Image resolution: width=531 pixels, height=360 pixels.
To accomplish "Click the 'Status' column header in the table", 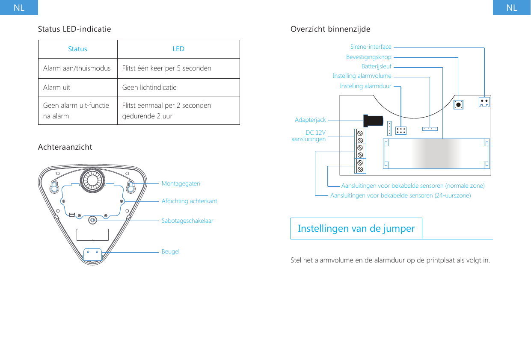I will tap(77, 49).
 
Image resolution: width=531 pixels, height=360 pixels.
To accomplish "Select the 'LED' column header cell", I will tap(178, 49).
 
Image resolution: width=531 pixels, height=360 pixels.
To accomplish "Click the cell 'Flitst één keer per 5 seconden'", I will tap(166, 68).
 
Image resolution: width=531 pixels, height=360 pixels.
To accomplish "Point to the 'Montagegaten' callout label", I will tap(181, 183).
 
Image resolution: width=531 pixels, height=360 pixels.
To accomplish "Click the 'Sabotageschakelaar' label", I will tap(187, 221).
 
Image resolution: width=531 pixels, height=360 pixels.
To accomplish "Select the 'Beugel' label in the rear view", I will tap(170, 252).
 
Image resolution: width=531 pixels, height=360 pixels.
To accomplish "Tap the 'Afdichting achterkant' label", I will tap(189, 201).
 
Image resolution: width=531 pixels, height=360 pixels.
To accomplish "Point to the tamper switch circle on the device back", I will tap(92, 220).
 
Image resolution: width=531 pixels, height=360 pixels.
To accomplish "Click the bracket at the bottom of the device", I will tap(92, 255).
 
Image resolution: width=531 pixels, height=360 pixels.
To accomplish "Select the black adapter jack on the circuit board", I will tap(373, 121).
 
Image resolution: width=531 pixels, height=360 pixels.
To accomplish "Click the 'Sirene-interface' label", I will tap(371, 47).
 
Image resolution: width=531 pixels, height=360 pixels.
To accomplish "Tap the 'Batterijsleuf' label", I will tap(376, 67).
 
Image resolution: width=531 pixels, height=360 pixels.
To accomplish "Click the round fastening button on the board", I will tap(458, 105).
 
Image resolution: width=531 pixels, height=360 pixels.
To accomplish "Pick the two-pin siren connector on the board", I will tap(484, 101).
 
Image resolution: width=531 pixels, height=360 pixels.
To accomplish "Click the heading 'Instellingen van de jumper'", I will tap(356, 229).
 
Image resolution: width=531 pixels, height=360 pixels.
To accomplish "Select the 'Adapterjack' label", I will tap(310, 121).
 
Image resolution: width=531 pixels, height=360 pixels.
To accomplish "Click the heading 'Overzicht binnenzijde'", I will tap(330, 29).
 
